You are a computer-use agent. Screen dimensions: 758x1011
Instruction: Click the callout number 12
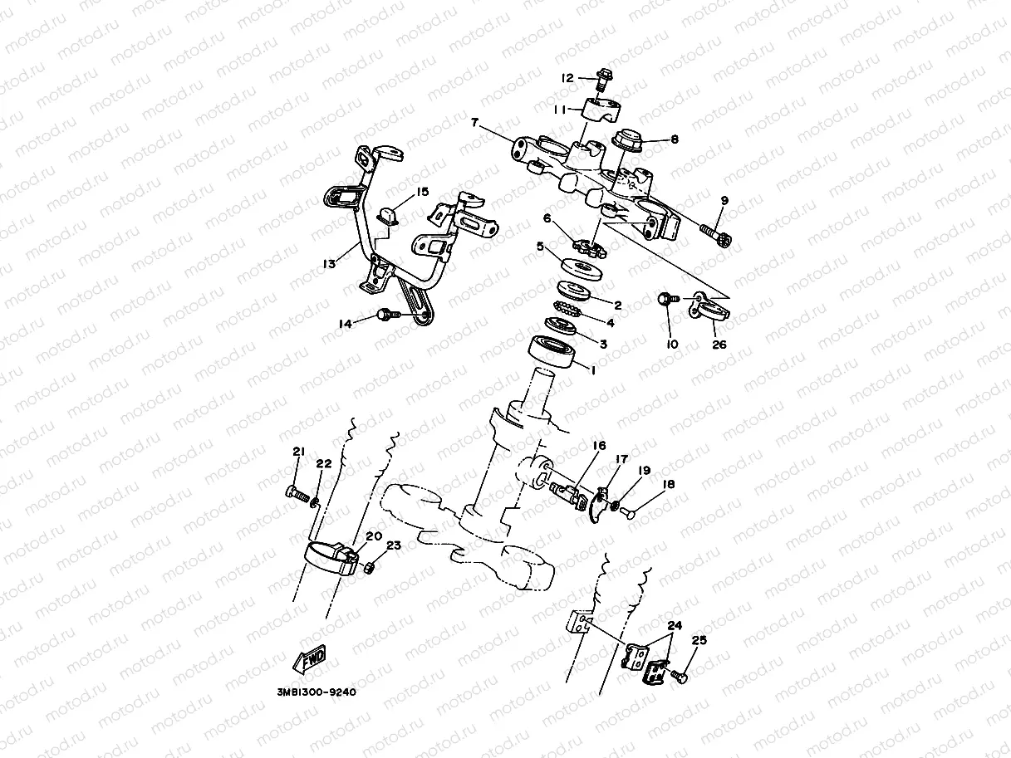(567, 78)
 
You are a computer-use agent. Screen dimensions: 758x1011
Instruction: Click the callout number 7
(474, 123)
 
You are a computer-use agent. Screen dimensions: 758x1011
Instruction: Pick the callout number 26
(719, 344)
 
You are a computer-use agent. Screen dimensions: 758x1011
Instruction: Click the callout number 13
(329, 264)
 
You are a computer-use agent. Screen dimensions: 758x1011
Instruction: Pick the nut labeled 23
(371, 568)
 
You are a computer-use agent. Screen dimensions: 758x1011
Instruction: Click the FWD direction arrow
(309, 661)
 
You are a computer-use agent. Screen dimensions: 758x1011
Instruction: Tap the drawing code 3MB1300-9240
(316, 692)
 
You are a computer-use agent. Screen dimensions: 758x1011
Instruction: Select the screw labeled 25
(680, 677)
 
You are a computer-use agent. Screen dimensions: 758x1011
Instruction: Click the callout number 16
(599, 446)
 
